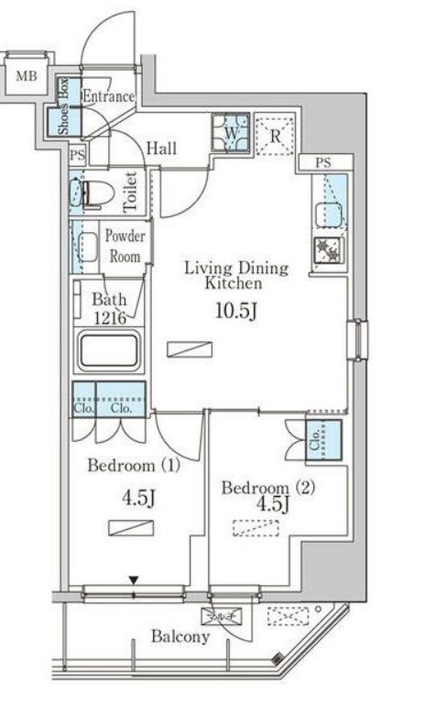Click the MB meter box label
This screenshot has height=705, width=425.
(27, 75)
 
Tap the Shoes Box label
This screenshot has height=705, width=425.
(63, 106)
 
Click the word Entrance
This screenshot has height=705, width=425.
(108, 96)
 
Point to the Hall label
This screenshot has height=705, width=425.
(161, 149)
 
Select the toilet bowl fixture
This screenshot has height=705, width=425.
(93, 193)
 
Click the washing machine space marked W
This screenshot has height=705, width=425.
(231, 133)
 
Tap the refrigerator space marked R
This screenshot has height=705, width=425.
(276, 136)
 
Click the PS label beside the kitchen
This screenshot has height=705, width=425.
(323, 162)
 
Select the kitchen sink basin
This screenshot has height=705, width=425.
(329, 215)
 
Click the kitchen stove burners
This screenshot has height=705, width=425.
(330, 250)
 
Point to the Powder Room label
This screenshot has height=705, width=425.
(125, 246)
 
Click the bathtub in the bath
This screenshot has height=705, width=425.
(109, 351)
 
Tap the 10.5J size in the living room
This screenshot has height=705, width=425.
(236, 311)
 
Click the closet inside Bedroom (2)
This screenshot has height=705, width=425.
(323, 440)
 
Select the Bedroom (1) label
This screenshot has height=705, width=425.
(134, 465)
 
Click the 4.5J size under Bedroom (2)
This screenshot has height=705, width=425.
(272, 504)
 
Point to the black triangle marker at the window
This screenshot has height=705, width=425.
(134, 580)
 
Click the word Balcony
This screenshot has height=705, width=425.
(180, 636)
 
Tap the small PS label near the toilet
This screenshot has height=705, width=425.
(77, 156)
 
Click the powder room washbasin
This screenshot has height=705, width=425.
(88, 247)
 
